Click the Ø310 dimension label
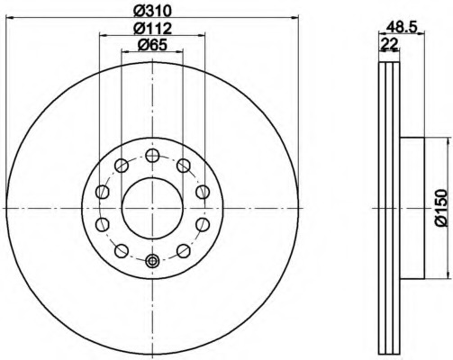tap(152, 11)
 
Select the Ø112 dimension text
tap(152, 29)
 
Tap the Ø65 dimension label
tap(152, 45)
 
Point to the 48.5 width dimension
tap(402, 28)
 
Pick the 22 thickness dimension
tap(389, 44)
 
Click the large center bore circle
tap(152, 208)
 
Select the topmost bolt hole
tap(152, 156)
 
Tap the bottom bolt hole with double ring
tap(152, 260)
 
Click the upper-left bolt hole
tap(122, 166)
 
